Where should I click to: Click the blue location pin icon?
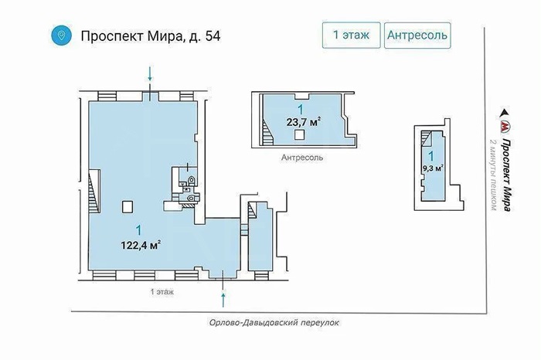pos(61,36)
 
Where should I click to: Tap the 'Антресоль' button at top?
pos(417,36)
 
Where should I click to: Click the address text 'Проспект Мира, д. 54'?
pos(151,36)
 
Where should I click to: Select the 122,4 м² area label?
pos(141,245)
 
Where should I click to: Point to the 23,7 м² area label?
pos(303,122)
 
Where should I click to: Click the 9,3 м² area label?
pos(433,168)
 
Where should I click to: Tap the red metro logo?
pos(505,127)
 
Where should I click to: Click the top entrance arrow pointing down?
pos(150,74)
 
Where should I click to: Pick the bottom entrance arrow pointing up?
pos(223,300)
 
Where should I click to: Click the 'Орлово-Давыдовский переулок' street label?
pos(274,323)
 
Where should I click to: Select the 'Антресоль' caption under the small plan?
pos(302,158)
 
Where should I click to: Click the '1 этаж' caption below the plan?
pos(162,292)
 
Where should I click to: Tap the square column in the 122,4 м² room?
pos(127,207)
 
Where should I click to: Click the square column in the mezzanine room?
pos(300,135)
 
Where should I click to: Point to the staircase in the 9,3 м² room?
pos(428,139)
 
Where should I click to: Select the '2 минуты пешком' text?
pos(494,175)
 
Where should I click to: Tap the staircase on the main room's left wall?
pos(94,191)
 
